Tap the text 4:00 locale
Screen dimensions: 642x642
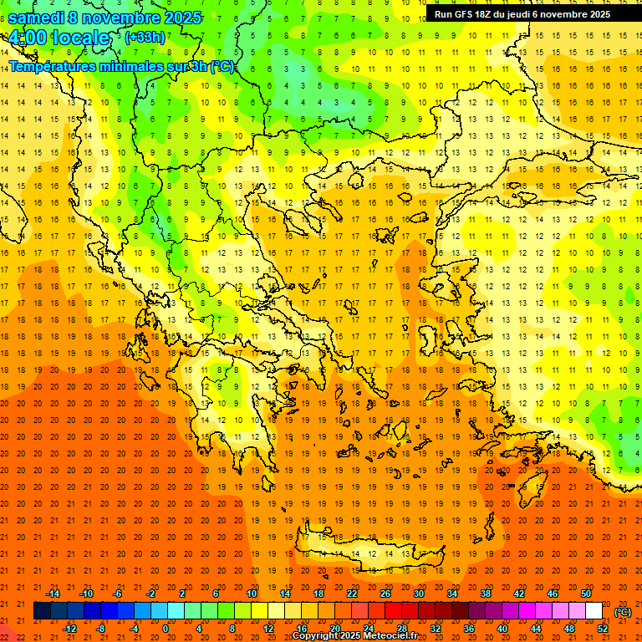click(59, 38)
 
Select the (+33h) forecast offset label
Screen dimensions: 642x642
click(145, 37)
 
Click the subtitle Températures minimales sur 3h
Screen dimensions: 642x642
click(121, 67)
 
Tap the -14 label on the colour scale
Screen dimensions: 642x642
click(53, 594)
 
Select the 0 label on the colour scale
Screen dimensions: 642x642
click(166, 629)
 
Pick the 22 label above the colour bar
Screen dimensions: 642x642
click(352, 594)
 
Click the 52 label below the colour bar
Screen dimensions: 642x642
click(603, 629)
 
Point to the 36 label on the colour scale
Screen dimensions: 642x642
click(469, 629)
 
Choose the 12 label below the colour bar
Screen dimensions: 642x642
click(268, 629)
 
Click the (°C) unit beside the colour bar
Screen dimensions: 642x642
click(623, 612)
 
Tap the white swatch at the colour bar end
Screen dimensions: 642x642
click(594, 611)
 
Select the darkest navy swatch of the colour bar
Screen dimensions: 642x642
click(42, 611)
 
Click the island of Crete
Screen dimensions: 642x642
click(368, 553)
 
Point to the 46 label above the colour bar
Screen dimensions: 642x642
click(553, 594)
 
